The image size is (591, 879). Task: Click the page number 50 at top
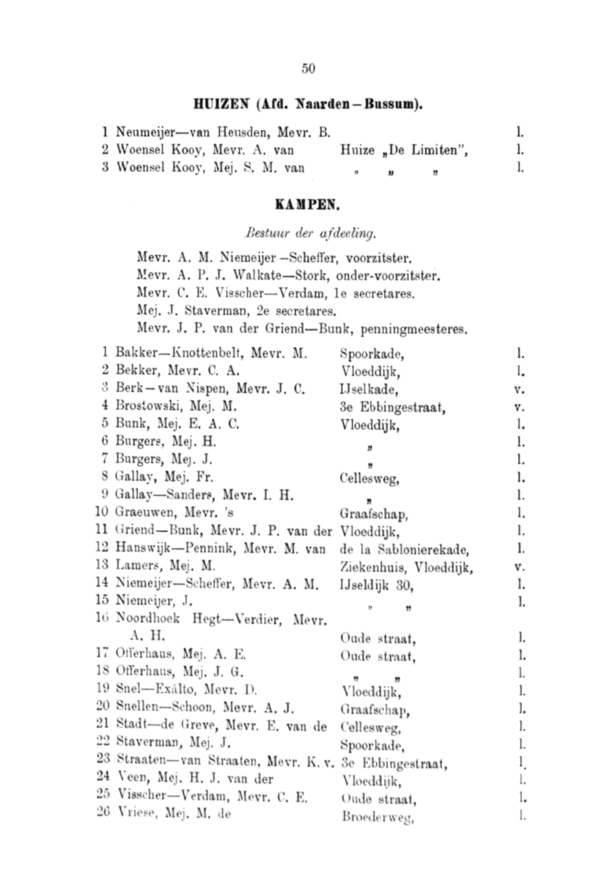(308, 68)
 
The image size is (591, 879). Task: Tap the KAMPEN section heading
(308, 205)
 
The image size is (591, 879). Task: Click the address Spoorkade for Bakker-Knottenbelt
(370, 355)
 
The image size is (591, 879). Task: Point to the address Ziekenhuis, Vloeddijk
(407, 567)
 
